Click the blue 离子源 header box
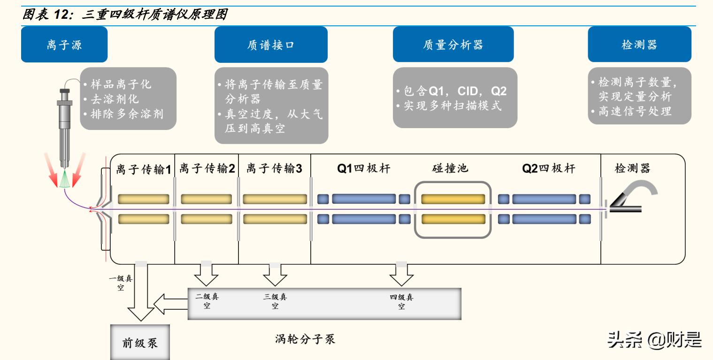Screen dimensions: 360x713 click(64, 45)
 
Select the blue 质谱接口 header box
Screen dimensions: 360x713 click(271, 45)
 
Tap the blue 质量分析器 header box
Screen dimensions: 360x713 click(453, 45)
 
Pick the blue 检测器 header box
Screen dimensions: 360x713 click(639, 45)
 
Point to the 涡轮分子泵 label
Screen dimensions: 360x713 click(305, 339)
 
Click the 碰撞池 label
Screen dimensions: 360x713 click(450, 169)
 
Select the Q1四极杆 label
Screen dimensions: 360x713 click(364, 169)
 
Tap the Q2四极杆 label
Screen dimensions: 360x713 click(548, 169)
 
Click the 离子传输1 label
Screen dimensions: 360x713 click(144, 169)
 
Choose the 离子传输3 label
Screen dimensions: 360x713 click(274, 169)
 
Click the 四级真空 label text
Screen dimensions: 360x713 click(402, 302)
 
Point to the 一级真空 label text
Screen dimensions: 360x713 click(121, 283)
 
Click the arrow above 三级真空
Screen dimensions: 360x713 click(275, 275)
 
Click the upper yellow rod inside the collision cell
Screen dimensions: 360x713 click(452, 199)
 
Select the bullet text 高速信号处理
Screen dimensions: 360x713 click(635, 112)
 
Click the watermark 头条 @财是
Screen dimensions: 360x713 click(654, 340)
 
